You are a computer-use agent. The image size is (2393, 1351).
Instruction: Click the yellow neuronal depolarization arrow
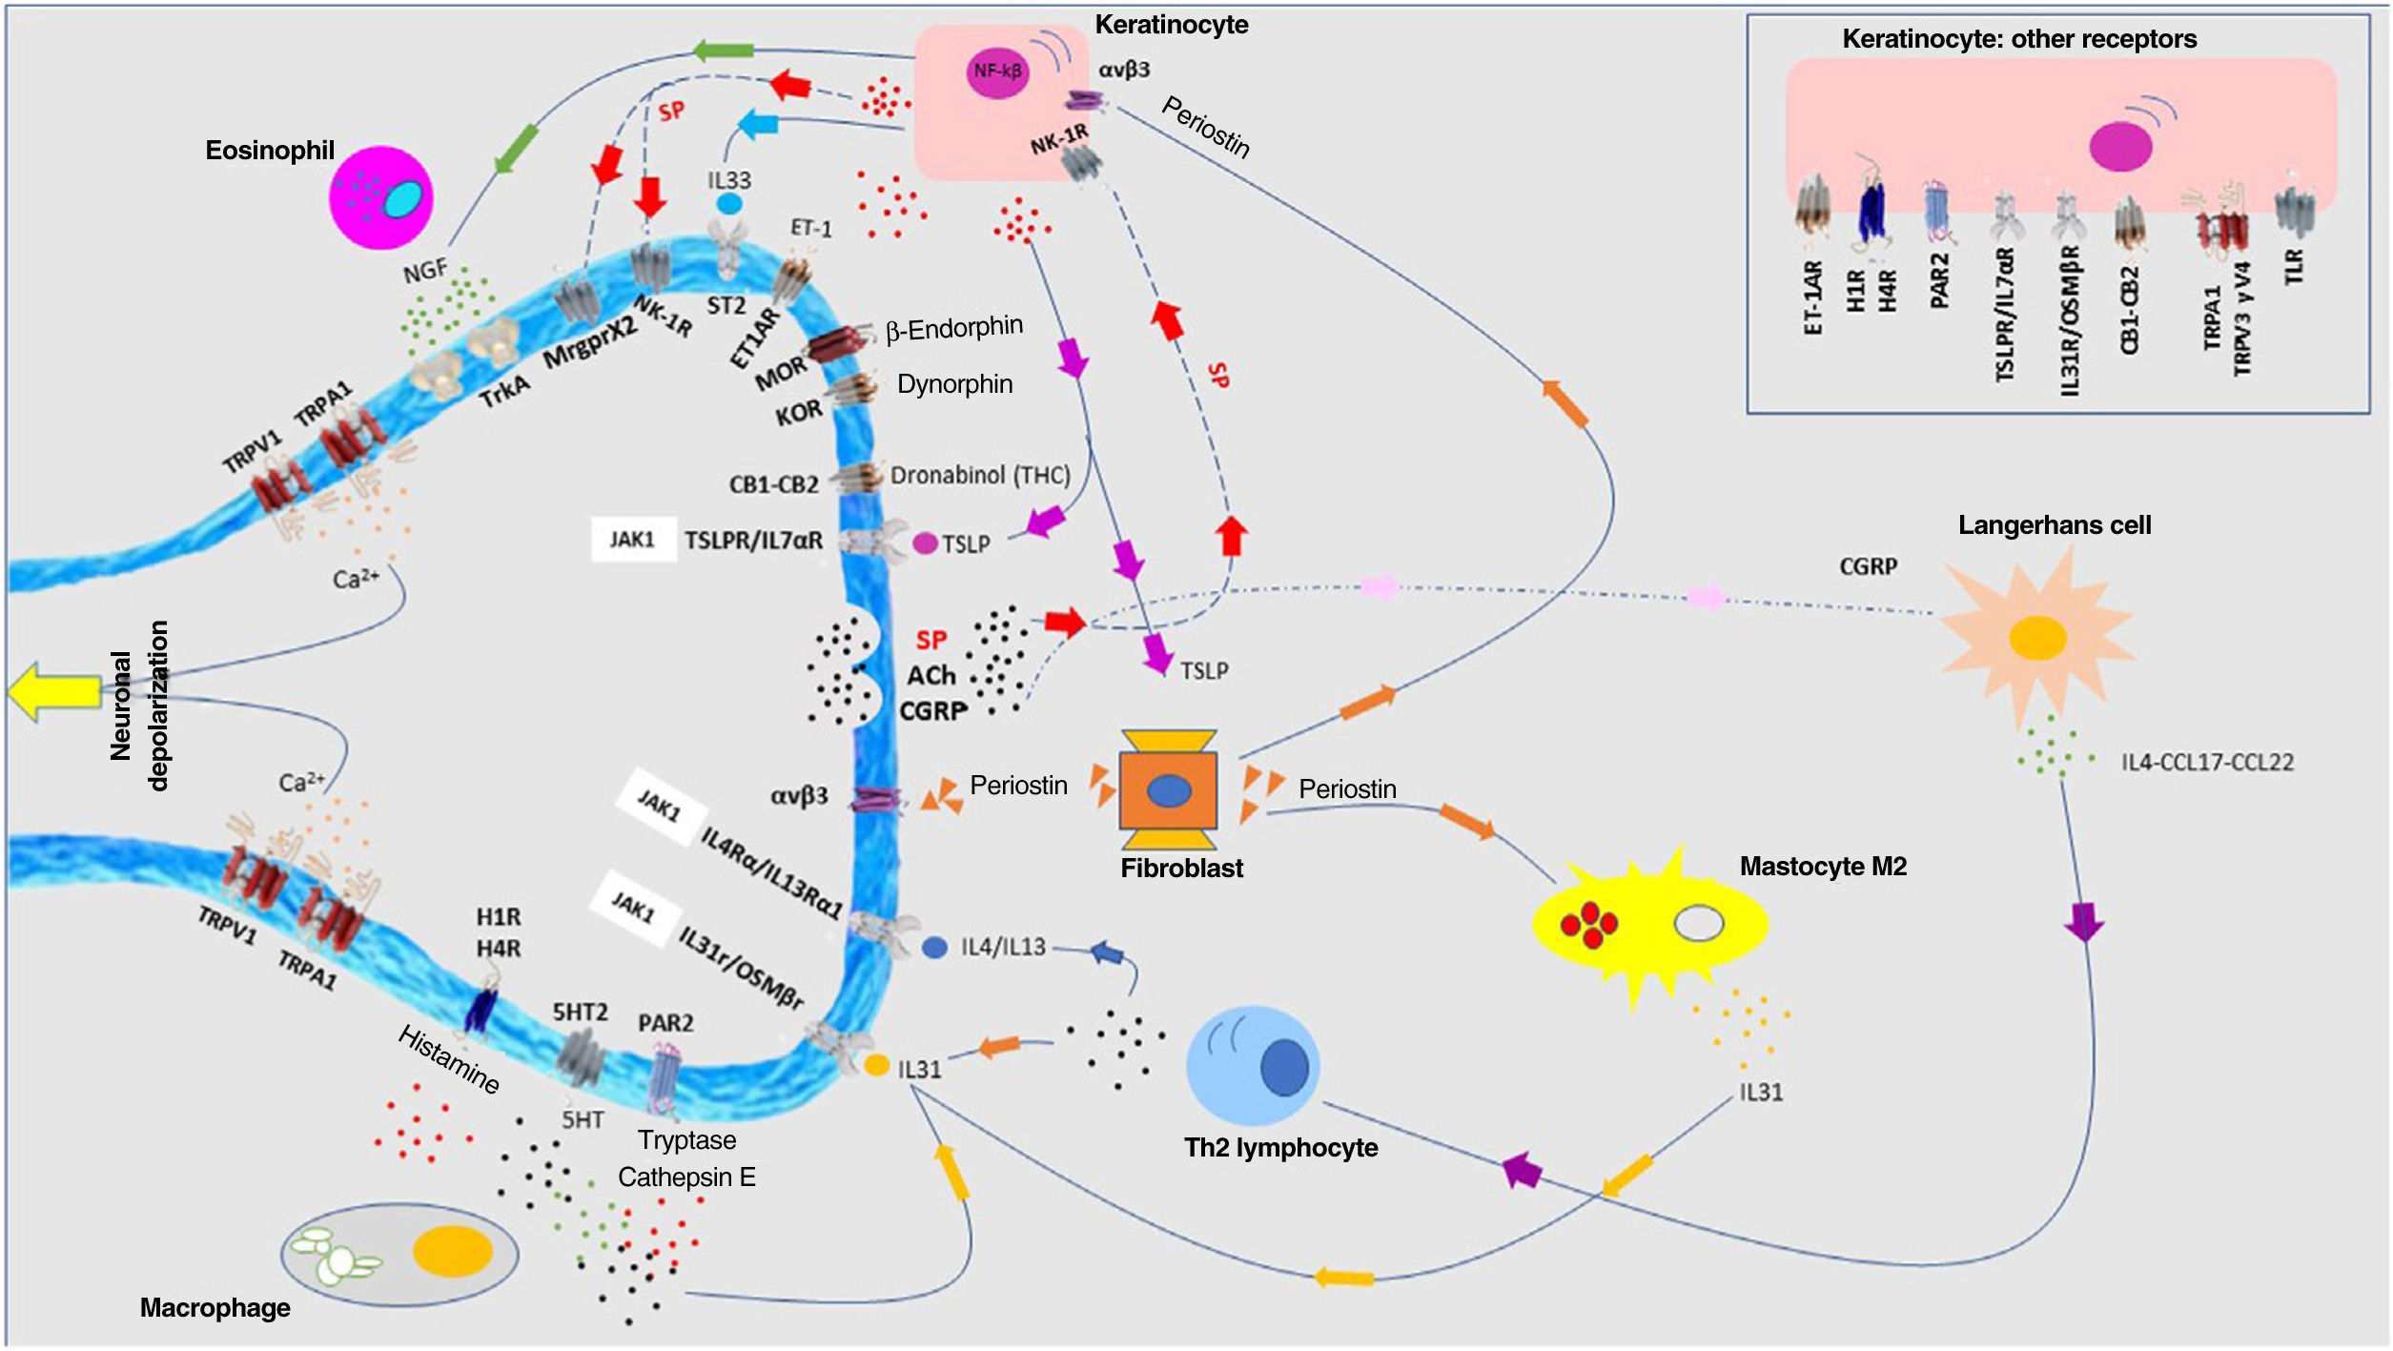click(52, 691)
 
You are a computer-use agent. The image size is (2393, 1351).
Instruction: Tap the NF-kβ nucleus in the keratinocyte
click(998, 72)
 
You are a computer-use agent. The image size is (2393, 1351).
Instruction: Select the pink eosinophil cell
click(380, 197)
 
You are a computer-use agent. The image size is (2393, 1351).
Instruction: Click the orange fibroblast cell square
click(1168, 790)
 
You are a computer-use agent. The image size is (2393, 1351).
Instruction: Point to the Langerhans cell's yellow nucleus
click(2037, 638)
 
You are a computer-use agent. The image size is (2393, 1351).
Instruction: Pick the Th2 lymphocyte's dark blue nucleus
click(1284, 1067)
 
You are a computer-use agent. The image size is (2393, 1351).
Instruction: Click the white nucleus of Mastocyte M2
click(1699, 923)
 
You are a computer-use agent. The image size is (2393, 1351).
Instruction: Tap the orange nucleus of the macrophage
click(452, 1251)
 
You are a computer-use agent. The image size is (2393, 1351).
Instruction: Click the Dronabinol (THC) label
click(980, 475)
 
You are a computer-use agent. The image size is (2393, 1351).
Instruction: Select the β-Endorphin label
click(953, 329)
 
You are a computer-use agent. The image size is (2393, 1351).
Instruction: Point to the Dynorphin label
click(954, 384)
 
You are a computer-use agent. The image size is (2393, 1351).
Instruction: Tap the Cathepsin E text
click(686, 1177)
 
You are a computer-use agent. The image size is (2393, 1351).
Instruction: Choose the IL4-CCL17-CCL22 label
click(2207, 762)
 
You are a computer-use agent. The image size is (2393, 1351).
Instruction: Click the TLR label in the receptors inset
click(2293, 267)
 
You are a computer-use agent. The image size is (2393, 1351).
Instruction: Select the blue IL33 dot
click(729, 204)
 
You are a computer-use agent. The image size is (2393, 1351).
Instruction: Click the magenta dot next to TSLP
click(925, 543)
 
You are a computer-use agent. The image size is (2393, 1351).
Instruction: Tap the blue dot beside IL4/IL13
click(935, 948)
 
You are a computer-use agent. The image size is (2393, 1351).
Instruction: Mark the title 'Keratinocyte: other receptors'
click(2019, 39)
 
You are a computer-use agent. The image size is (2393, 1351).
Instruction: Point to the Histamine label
click(448, 1059)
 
